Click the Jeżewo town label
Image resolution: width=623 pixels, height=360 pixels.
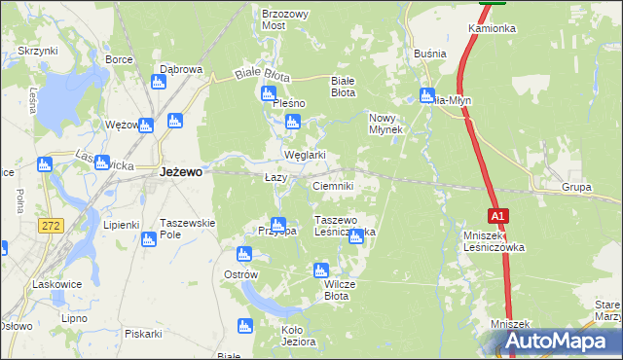click(180, 172)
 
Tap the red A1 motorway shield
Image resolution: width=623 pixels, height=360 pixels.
click(496, 215)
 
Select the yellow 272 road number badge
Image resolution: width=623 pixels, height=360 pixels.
click(52, 225)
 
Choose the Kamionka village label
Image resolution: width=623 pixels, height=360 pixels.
click(492, 29)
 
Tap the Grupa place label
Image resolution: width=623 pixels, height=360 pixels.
click(577, 187)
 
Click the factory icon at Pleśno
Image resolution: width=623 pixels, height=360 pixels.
click(268, 93)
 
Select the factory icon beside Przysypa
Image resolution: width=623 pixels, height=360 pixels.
click(278, 225)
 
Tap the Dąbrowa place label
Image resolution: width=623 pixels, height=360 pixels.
click(180, 70)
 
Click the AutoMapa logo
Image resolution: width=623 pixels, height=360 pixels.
click(554, 342)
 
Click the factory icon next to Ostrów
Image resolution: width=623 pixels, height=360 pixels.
click(244, 254)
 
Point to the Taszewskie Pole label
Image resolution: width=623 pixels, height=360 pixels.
click(187, 229)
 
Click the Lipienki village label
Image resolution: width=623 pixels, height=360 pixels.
click(122, 224)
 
